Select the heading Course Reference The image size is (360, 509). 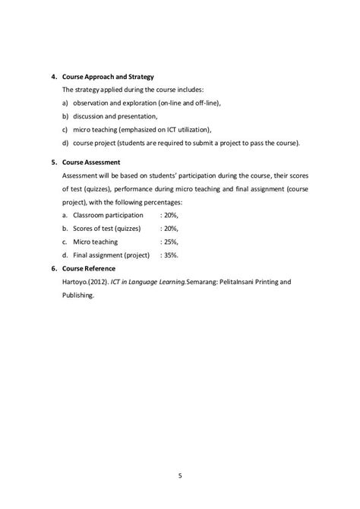91,268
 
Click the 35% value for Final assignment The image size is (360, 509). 169,254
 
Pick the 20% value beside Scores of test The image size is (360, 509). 169,228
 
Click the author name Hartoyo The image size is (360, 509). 76,283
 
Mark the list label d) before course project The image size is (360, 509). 65,143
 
